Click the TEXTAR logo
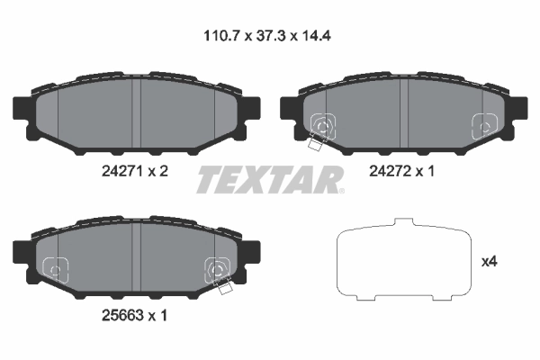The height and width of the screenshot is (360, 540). [270, 180]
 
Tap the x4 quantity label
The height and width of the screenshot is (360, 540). [490, 262]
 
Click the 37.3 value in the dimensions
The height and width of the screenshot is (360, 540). [271, 38]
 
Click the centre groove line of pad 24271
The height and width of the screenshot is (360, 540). [135, 113]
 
